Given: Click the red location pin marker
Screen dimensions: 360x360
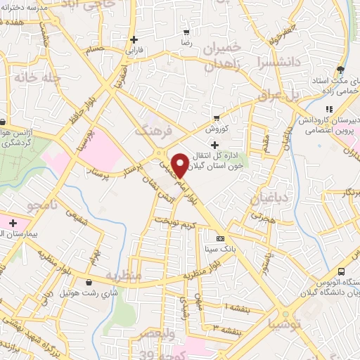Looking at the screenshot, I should point(181,165).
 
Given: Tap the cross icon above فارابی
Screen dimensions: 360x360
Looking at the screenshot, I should point(133,39).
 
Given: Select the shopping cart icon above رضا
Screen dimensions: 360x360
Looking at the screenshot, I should point(186,32).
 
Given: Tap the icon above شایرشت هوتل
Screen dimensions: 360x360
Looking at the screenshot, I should point(89,283).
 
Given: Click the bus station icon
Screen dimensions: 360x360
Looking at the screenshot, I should point(342,272).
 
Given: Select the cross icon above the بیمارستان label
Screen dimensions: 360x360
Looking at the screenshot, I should point(13,222).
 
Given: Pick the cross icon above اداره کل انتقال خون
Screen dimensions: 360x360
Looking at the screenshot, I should point(214,144).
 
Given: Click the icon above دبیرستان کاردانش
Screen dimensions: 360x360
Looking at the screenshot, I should point(328,109).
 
